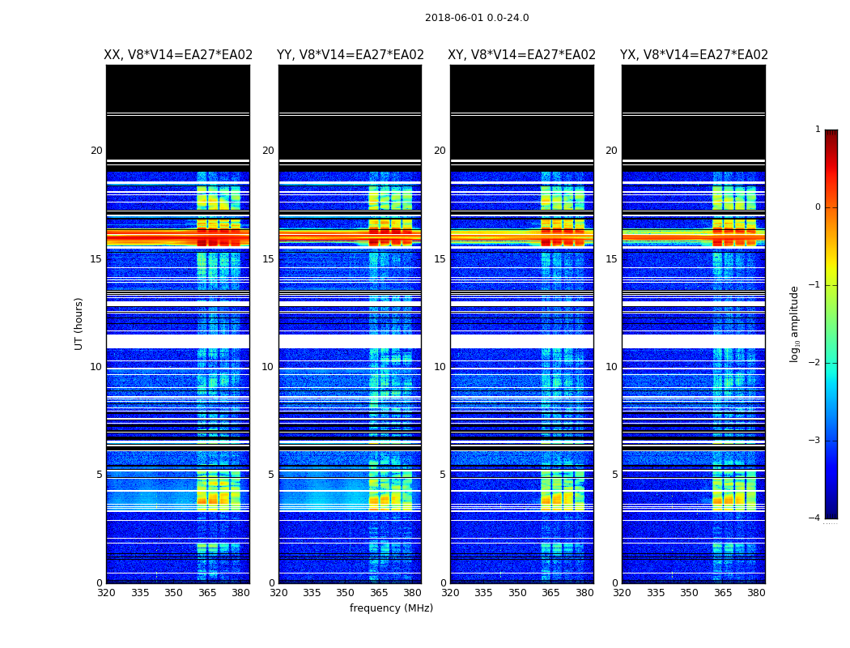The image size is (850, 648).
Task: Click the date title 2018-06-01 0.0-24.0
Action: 477,18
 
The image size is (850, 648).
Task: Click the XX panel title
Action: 178,55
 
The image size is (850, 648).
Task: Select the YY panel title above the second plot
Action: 350,55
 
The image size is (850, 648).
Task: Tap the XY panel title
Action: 521,55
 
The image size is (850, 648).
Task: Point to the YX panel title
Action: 694,55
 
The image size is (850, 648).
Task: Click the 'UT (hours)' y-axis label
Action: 79,323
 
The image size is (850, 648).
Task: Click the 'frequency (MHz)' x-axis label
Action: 391,608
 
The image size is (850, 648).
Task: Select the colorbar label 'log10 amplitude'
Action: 795,323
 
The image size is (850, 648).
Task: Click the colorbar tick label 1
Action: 818,130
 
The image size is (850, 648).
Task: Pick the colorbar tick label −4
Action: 816,518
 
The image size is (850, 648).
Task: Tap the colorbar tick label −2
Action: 816,363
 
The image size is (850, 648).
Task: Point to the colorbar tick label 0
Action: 818,207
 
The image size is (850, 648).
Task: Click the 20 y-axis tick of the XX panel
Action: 96,151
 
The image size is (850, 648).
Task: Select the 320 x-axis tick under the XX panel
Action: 106,593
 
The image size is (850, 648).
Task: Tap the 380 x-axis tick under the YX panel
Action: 756,593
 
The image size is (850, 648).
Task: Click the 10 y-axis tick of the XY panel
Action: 440,367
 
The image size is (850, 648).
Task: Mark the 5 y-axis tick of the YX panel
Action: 615,475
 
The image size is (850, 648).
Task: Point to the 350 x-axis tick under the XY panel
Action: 517,593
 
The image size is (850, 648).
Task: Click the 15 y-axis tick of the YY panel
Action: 268,259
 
